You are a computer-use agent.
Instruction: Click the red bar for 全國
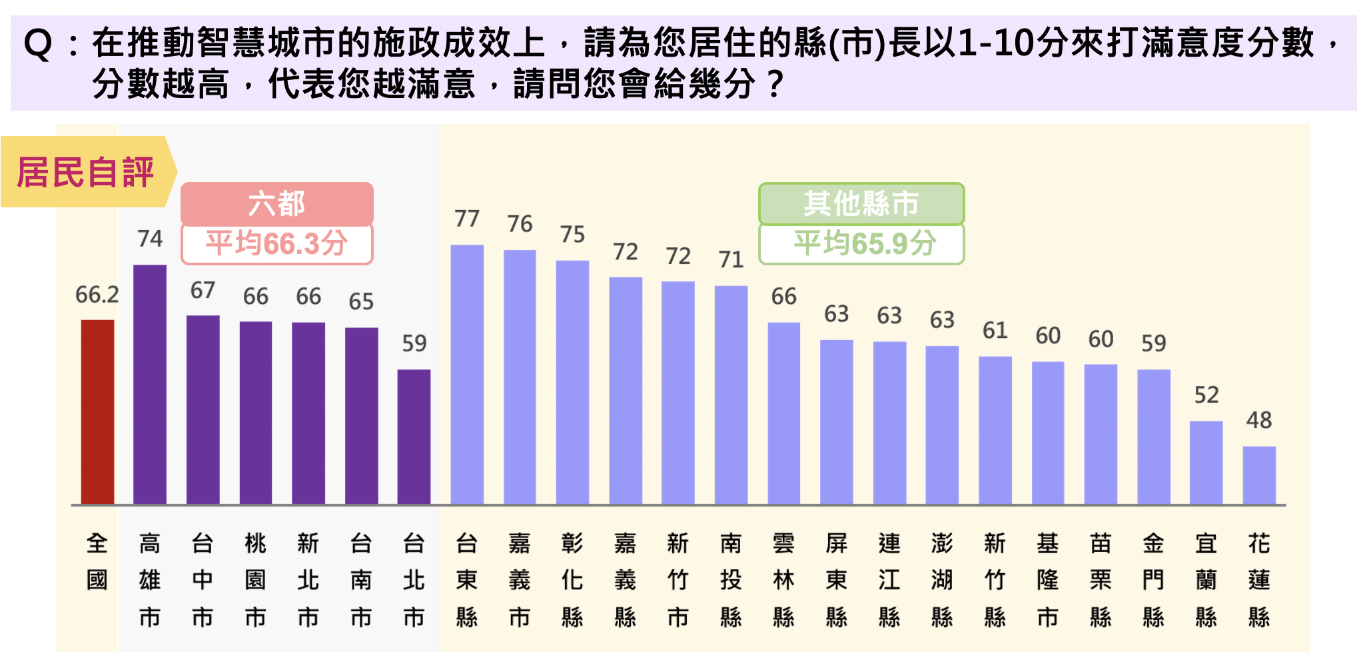(97, 412)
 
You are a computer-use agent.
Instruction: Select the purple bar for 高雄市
(150, 385)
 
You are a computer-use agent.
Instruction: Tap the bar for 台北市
(414, 437)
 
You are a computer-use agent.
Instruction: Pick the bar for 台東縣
(467, 375)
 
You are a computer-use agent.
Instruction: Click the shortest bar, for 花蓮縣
(1259, 475)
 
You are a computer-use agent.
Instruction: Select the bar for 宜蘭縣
(1206, 463)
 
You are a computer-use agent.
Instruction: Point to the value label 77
(467, 219)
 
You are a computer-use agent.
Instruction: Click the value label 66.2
(97, 294)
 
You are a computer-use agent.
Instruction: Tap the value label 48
(1259, 420)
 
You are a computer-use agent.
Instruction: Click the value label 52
(1206, 395)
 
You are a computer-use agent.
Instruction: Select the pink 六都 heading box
(277, 203)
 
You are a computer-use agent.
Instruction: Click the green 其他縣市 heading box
(861, 203)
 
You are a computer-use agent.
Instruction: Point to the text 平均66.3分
(277, 243)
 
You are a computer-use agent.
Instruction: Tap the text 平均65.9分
(865, 243)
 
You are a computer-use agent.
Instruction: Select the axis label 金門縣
(1154, 580)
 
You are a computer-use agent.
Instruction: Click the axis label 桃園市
(256, 580)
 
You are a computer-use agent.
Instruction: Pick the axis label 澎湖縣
(942, 580)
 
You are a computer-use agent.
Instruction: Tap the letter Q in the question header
(37, 45)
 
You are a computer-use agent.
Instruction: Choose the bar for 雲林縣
(784, 413)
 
